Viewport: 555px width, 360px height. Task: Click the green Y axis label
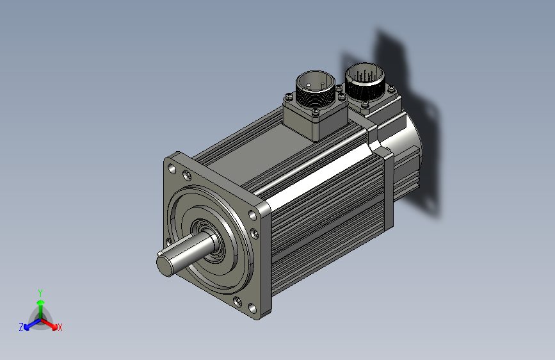pos(40,293)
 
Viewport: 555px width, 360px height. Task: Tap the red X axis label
pos(60,328)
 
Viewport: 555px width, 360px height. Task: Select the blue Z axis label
pos(21,327)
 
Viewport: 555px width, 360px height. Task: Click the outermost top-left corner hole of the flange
pos(172,168)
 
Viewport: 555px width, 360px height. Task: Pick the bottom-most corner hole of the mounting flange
pos(252,308)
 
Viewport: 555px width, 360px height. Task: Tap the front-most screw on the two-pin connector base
pos(316,111)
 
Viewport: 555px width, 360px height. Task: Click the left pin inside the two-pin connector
pos(309,85)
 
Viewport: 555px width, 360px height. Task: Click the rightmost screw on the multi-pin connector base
pos(391,89)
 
